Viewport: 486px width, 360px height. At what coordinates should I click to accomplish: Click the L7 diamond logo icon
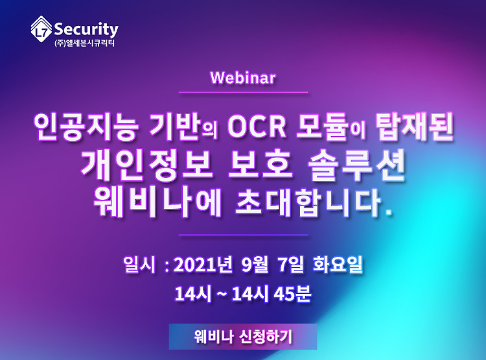pyautogui.click(x=41, y=29)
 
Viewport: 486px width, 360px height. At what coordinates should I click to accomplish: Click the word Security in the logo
pyautogui.click(x=86, y=30)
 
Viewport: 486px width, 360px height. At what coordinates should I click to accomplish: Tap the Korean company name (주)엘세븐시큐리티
pyautogui.click(x=84, y=43)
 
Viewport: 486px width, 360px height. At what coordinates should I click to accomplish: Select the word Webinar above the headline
pyautogui.click(x=243, y=78)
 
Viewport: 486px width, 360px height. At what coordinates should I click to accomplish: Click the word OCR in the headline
pyautogui.click(x=257, y=127)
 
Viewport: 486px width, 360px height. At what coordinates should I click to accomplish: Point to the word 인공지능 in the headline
pyautogui.click(x=86, y=127)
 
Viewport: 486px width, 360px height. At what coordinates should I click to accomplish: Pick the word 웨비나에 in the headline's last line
pyautogui.click(x=157, y=202)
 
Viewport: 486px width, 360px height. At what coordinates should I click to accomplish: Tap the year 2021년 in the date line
pyautogui.click(x=203, y=265)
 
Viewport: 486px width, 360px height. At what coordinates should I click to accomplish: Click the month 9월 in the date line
pyautogui.click(x=255, y=265)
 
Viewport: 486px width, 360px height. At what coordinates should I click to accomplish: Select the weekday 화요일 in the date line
pyautogui.click(x=338, y=265)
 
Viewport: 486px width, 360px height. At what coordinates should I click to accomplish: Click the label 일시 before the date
pyautogui.click(x=139, y=265)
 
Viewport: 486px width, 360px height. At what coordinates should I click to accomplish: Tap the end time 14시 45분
pyautogui.click(x=271, y=293)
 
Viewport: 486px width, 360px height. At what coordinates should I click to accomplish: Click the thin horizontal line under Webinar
pyautogui.click(x=243, y=92)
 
